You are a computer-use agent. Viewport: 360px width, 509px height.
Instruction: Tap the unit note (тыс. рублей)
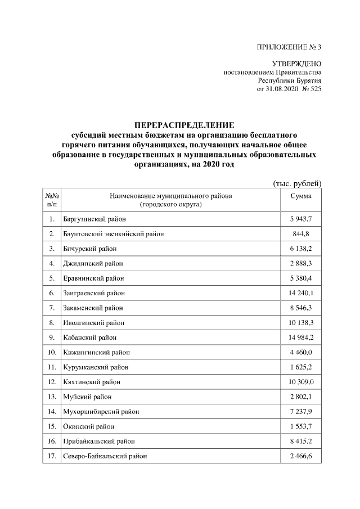[x=296, y=183]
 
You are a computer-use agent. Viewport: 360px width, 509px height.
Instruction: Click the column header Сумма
[x=301, y=196]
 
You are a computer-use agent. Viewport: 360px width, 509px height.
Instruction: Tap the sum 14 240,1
[x=301, y=292]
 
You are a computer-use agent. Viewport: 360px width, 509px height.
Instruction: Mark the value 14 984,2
[x=301, y=337]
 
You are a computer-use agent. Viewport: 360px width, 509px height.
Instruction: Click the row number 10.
[x=51, y=352]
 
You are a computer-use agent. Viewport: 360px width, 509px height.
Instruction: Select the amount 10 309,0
[x=301, y=382]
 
